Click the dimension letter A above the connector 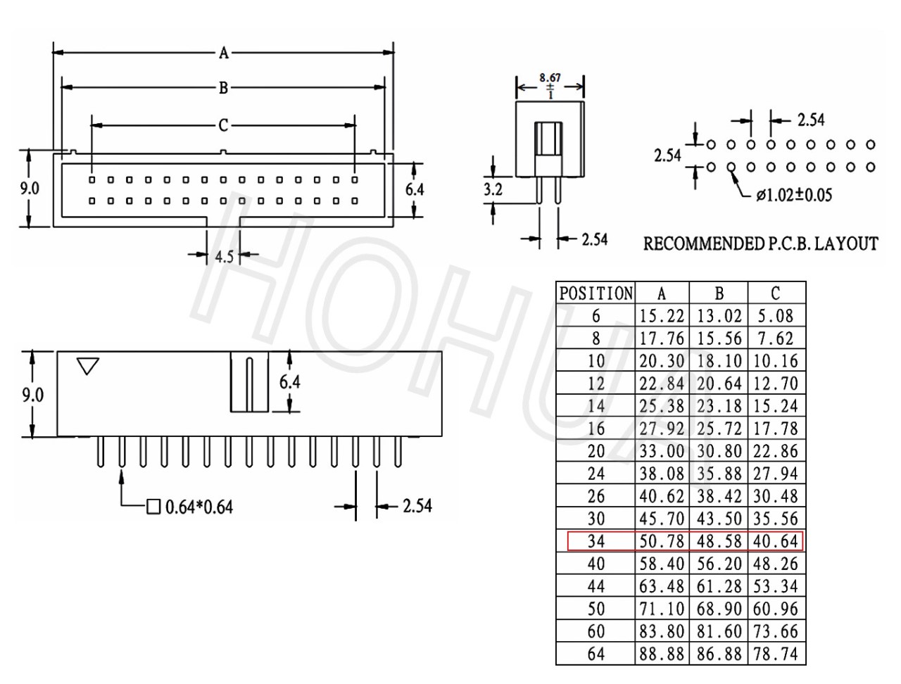[224, 53]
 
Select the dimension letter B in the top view [223, 88]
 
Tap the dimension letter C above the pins [223, 125]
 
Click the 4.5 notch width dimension [224, 257]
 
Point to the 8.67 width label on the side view [550, 77]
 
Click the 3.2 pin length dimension [493, 189]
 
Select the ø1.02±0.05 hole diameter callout [794, 195]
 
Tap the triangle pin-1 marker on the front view [88, 366]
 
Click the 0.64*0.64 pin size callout [199, 507]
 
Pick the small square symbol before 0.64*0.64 [153, 507]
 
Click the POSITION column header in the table [596, 293]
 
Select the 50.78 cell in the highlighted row [662, 541]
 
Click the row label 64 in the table [596, 654]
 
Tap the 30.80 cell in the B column [719, 451]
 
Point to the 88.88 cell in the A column [662, 654]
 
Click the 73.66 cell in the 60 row [776, 631]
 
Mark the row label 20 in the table [596, 451]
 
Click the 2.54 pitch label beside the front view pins [417, 506]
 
